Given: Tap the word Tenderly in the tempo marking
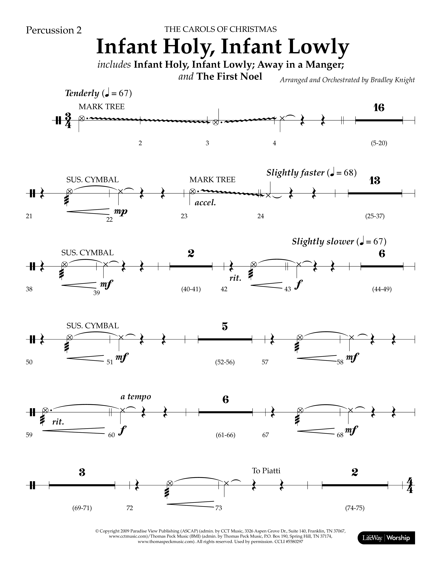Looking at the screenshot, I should click(x=82, y=93).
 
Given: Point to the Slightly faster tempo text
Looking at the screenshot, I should click(x=295, y=173).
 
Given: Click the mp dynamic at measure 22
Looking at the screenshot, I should click(x=121, y=211).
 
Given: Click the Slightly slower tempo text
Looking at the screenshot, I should click(x=323, y=241).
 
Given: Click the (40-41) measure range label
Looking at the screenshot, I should click(x=191, y=289).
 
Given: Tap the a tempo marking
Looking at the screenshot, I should click(x=136, y=397).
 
